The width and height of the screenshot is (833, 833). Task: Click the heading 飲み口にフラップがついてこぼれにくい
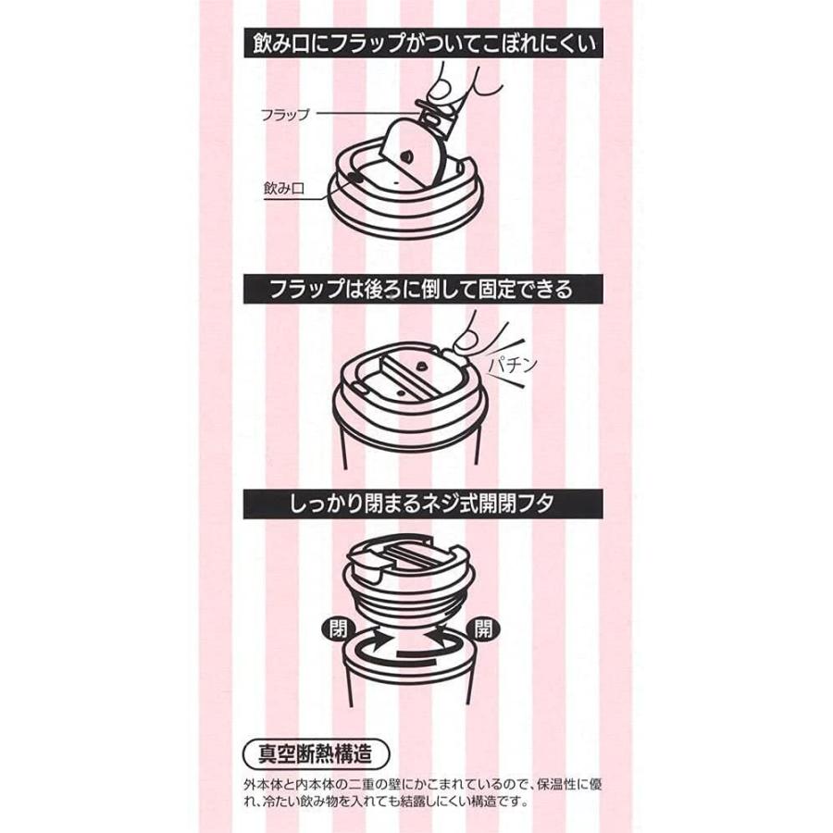416,43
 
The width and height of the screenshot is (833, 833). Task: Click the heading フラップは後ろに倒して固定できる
416,289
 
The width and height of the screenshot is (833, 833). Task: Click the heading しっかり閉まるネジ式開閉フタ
416,505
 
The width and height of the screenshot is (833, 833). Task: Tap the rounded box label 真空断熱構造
314,750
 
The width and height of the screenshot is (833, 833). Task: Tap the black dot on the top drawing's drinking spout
353,175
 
